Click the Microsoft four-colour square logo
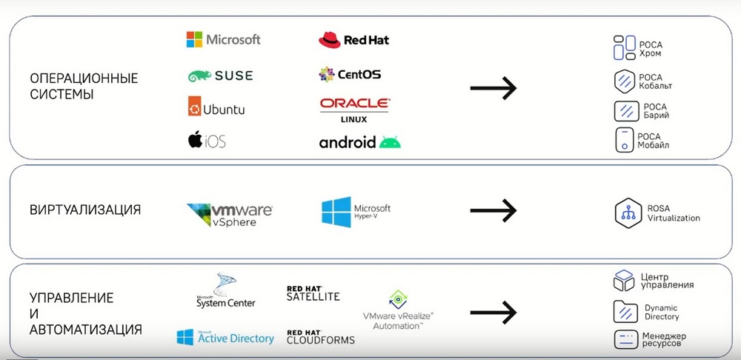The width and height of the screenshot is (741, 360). (194, 40)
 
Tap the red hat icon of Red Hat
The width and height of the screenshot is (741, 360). (330, 40)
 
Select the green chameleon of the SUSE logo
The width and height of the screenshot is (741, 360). (199, 76)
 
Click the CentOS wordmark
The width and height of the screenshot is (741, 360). (359, 74)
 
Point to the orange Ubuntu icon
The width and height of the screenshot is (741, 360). (194, 107)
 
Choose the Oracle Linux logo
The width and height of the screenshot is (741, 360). (354, 110)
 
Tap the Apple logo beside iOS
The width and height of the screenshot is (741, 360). (195, 140)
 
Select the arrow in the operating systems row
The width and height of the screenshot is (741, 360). (493, 88)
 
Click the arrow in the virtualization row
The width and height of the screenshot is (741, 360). (493, 210)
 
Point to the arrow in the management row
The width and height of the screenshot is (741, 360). (493, 313)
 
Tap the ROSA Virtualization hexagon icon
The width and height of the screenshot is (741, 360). (628, 213)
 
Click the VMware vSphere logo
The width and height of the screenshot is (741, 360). (230, 215)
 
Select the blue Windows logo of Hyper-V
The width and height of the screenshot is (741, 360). (336, 212)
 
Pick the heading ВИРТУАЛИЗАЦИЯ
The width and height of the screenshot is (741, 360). (85, 210)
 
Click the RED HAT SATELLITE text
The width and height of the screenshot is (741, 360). (313, 293)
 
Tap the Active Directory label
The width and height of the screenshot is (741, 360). (236, 339)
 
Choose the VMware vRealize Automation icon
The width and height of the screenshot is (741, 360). (398, 299)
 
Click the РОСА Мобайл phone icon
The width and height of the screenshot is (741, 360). (624, 140)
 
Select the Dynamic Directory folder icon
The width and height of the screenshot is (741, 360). (625, 311)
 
